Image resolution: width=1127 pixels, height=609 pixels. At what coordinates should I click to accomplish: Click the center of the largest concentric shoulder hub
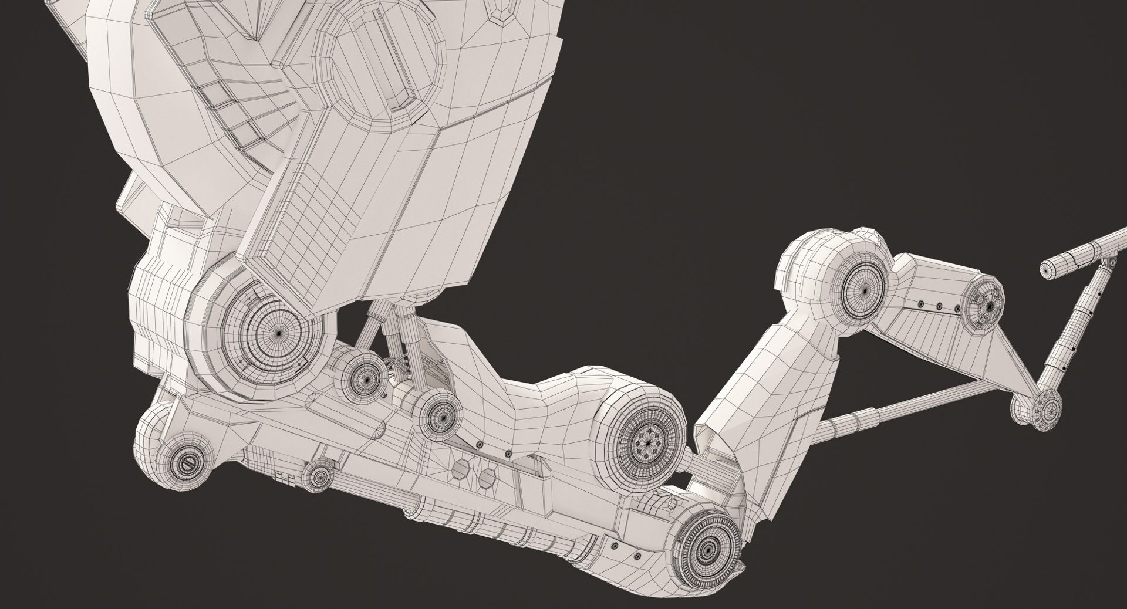coord(278,332)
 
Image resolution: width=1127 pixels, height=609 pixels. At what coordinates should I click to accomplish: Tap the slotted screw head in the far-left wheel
coord(186,463)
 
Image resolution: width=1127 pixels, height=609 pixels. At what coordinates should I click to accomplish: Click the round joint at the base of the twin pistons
coord(438,417)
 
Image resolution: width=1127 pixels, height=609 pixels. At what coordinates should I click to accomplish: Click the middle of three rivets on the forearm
coord(939,306)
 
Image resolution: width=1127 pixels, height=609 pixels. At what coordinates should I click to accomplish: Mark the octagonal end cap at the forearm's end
coord(990,305)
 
